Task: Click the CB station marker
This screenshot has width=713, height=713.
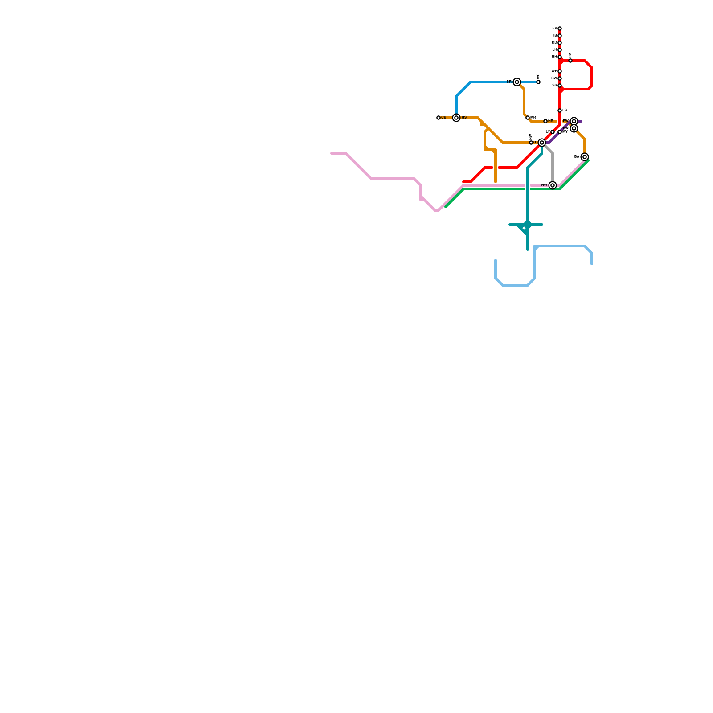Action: (x=438, y=118)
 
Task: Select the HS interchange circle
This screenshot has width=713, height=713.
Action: (x=456, y=118)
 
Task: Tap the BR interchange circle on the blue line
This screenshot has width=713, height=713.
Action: (x=517, y=82)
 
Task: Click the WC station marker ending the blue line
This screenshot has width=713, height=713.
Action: (x=538, y=82)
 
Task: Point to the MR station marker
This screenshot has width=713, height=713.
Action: (x=528, y=118)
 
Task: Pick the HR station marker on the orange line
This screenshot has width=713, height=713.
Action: (x=545, y=121)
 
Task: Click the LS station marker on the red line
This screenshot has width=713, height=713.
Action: (x=560, y=111)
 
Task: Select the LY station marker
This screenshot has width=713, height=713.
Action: (x=553, y=132)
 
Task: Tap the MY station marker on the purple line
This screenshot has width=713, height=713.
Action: (x=560, y=132)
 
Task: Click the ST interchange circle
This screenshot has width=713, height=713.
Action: (x=542, y=143)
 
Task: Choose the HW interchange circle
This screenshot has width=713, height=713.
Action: (x=553, y=185)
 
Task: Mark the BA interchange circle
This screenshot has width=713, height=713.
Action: (x=585, y=157)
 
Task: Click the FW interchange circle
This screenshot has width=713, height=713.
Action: (x=574, y=121)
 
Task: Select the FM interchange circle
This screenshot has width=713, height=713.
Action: (x=574, y=128)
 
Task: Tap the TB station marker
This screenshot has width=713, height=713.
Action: (x=560, y=36)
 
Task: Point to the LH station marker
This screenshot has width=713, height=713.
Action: (x=560, y=50)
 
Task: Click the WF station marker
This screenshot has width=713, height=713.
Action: (x=560, y=71)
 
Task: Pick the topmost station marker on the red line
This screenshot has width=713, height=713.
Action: (x=560, y=29)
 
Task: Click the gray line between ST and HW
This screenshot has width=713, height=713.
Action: (x=553, y=167)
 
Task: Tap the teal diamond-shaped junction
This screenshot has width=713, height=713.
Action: (x=528, y=225)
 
